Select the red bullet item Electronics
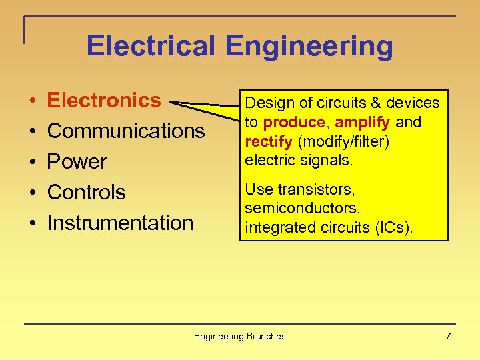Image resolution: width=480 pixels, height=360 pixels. (x=104, y=100)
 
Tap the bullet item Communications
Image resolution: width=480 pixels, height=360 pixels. (x=126, y=131)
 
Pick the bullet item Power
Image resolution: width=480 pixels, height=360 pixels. (x=77, y=161)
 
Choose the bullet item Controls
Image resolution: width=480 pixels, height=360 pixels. (x=86, y=192)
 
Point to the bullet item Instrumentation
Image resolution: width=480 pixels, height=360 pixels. (x=120, y=223)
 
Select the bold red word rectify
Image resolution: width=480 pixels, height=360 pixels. (x=269, y=142)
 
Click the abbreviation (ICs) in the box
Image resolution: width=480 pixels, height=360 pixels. (x=394, y=227)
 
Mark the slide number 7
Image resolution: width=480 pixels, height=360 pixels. (x=448, y=336)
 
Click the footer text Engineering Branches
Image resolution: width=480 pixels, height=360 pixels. (x=239, y=336)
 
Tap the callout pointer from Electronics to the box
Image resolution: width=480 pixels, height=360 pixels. (x=207, y=107)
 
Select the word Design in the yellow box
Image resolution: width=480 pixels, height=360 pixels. (x=265, y=103)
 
